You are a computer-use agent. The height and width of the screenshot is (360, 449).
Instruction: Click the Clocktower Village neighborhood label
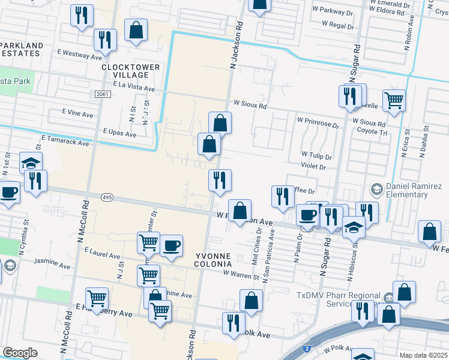[x=130, y=71]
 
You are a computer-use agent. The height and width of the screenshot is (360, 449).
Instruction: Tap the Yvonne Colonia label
[x=214, y=259]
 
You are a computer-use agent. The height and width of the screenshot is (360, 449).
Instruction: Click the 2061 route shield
[x=101, y=94]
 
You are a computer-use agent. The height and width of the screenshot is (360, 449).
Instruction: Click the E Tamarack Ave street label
[x=65, y=140]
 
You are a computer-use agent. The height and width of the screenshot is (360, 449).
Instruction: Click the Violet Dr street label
[x=313, y=167]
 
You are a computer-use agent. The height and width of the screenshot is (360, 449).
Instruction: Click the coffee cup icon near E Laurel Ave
[x=172, y=245]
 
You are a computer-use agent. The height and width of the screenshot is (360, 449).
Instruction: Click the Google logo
[x=20, y=353]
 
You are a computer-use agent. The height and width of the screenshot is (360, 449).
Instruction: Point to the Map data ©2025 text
[x=423, y=355]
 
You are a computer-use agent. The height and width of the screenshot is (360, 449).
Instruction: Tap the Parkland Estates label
[x=22, y=49]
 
